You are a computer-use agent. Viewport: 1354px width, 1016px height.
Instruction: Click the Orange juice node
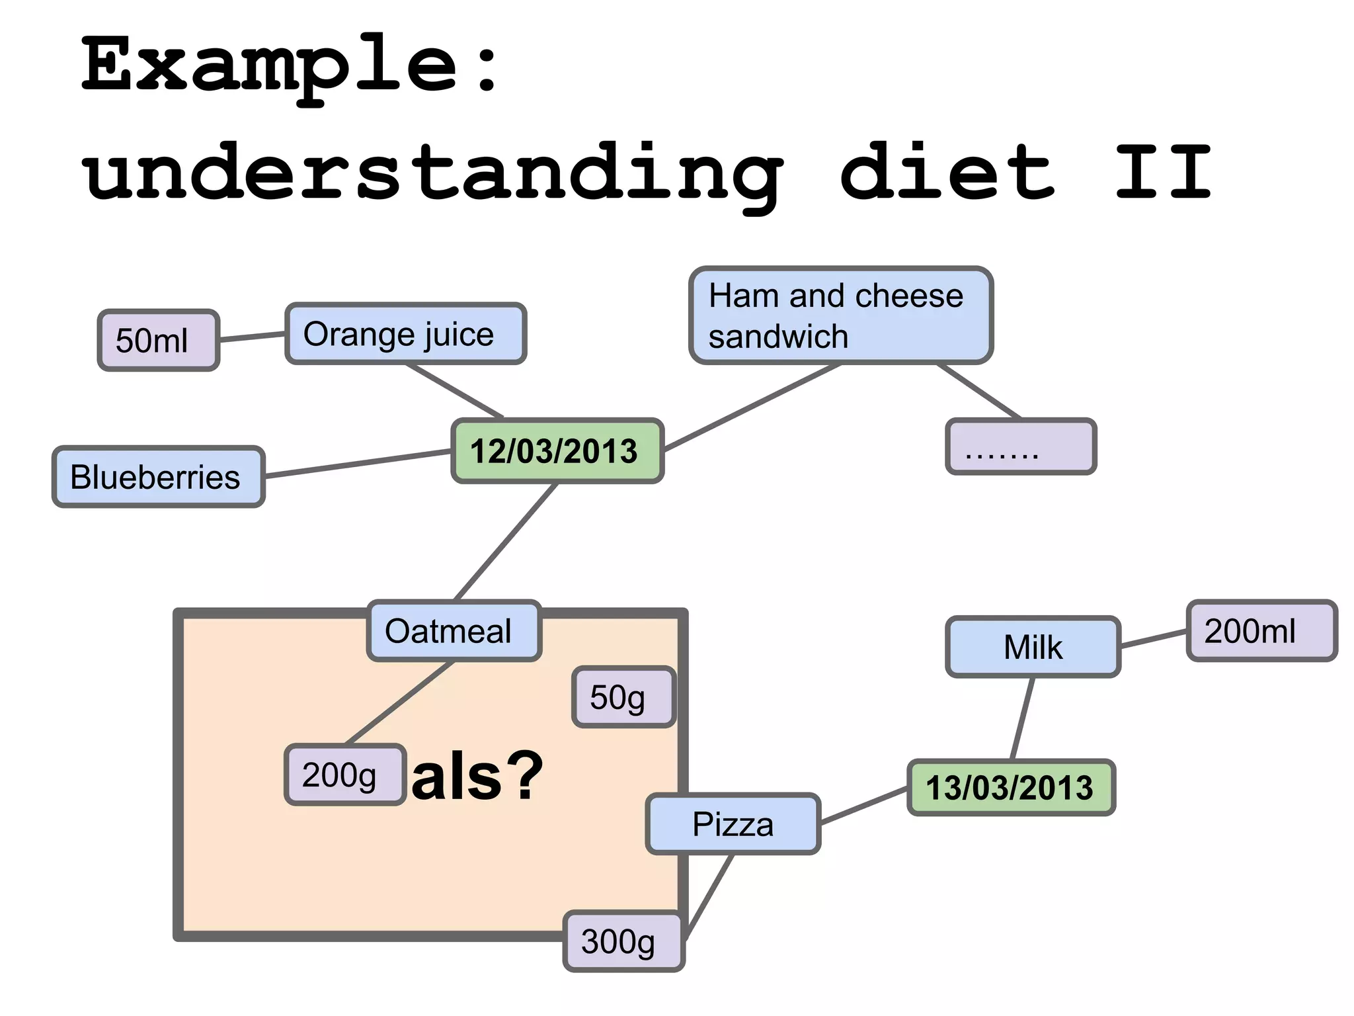pyautogui.click(x=405, y=334)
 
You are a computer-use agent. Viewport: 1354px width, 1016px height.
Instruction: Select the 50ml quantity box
pyautogui.click(x=158, y=340)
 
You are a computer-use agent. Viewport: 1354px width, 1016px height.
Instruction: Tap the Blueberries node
pyautogui.click(x=158, y=477)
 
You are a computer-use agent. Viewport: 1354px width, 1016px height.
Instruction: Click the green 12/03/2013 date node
pyautogui.click(x=557, y=451)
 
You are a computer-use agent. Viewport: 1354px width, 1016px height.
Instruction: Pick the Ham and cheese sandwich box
pyautogui.click(x=840, y=316)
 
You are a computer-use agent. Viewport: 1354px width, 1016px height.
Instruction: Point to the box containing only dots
pyautogui.click(x=1021, y=447)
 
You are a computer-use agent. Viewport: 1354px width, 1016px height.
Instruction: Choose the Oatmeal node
pyautogui.click(x=454, y=631)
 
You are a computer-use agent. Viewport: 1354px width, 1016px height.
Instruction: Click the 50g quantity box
pyautogui.click(x=623, y=697)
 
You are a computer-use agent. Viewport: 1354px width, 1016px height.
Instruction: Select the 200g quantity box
pyautogui.click(x=344, y=775)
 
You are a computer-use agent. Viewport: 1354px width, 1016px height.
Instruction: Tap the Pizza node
pyautogui.click(x=733, y=824)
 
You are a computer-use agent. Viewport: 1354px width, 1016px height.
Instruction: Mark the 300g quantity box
pyautogui.click(x=623, y=941)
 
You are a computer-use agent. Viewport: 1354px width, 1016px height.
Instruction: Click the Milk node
pyautogui.click(x=1033, y=647)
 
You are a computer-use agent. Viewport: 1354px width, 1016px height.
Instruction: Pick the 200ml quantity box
pyautogui.click(x=1261, y=631)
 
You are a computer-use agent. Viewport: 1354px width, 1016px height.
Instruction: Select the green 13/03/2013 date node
pyautogui.click(x=1011, y=788)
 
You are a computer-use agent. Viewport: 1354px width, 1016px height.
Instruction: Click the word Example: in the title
pyautogui.click(x=291, y=66)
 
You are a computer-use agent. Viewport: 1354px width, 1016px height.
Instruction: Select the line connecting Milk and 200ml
pyautogui.click(x=1154, y=638)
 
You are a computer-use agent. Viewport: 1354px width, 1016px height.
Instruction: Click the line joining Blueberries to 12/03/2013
pyautogui.click(x=357, y=464)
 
